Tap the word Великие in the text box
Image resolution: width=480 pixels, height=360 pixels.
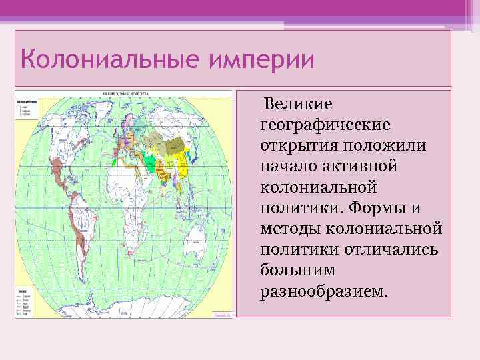[x=298, y=105]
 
